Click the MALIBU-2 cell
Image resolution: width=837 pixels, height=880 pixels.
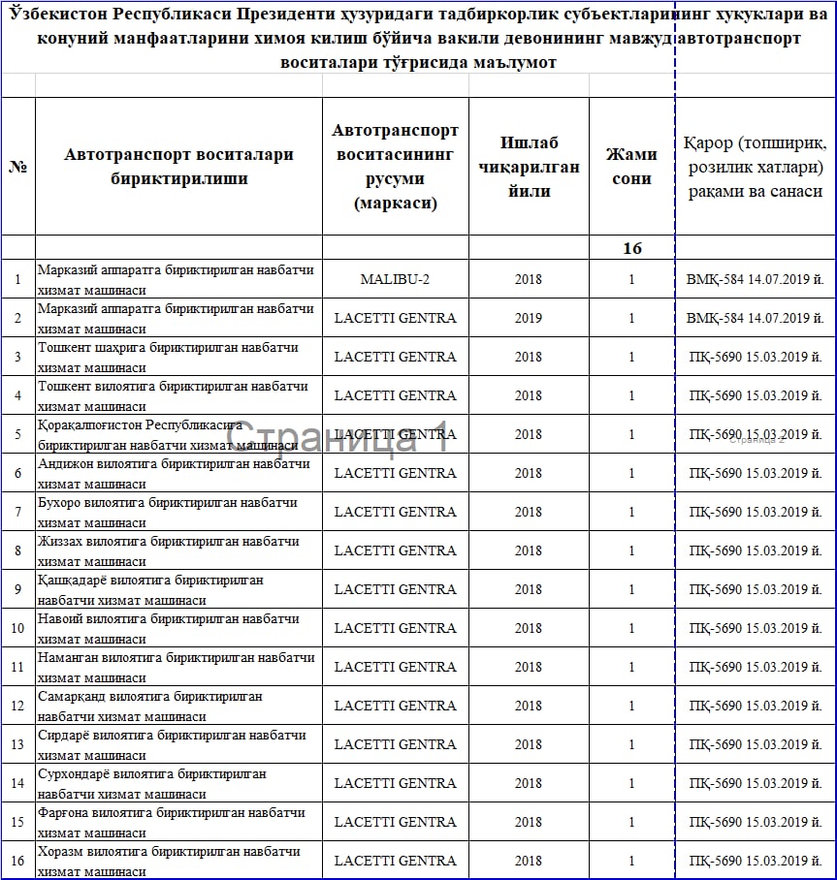coord(395,279)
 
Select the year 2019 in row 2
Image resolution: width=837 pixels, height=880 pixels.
coord(529,318)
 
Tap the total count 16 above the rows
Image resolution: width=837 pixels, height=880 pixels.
coord(631,248)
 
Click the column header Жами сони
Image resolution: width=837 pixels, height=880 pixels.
coord(631,167)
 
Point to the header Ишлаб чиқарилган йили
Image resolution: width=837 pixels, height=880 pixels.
coord(529,167)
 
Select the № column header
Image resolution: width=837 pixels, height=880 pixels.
coord(17,167)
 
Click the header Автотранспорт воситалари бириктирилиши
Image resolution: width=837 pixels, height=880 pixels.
coord(178,167)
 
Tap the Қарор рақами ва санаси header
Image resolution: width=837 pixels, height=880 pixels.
coord(756,167)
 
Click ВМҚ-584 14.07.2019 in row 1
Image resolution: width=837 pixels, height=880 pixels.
coord(756,279)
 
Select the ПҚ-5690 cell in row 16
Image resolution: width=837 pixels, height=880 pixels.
coord(756,861)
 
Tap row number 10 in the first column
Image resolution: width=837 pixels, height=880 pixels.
coord(17,628)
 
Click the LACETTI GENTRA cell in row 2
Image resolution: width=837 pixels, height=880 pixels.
coord(395,318)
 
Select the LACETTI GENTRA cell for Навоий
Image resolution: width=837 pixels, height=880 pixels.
coord(395,628)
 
